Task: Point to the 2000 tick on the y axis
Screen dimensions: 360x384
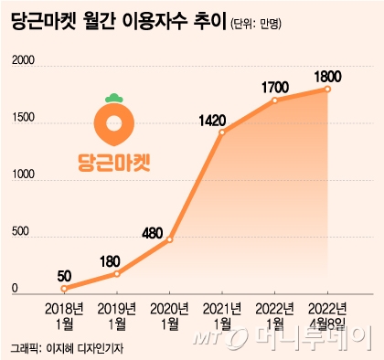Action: tap(23, 61)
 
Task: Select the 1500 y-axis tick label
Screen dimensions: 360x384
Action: tap(23, 119)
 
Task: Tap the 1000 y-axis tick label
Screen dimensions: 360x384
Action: tap(23, 176)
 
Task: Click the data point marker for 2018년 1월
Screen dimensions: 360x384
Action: tap(63, 288)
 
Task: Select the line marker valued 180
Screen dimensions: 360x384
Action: tap(116, 273)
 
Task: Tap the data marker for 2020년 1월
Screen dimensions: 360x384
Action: tap(169, 239)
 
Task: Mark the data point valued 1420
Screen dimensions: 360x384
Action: tap(222, 132)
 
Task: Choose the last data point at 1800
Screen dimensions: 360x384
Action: tap(327, 89)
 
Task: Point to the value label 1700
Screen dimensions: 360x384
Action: tap(274, 86)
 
